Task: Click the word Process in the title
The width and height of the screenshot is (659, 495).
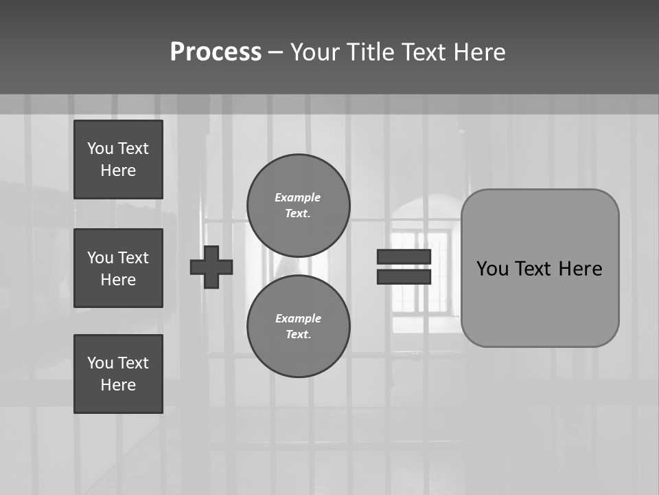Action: tap(216, 52)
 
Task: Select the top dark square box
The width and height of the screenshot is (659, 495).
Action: tap(118, 159)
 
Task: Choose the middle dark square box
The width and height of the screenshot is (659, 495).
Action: tap(118, 268)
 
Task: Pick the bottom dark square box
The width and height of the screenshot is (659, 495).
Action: tap(118, 374)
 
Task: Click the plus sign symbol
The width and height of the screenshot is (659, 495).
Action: tap(211, 267)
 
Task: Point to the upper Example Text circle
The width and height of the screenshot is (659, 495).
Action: tap(299, 206)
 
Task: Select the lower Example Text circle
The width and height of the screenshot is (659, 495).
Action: tap(299, 327)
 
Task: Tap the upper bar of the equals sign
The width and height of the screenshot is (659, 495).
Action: tap(404, 256)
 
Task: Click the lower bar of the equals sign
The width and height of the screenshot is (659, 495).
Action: tap(404, 276)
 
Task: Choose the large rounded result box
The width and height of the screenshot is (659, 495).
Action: tap(540, 302)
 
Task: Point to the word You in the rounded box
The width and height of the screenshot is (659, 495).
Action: tap(492, 269)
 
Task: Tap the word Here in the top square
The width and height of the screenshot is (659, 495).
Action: tap(118, 170)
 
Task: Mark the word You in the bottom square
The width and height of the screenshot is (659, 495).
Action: tap(100, 363)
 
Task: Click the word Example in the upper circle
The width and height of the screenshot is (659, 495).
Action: tap(297, 197)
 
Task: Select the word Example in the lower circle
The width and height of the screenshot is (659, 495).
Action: tap(298, 318)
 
